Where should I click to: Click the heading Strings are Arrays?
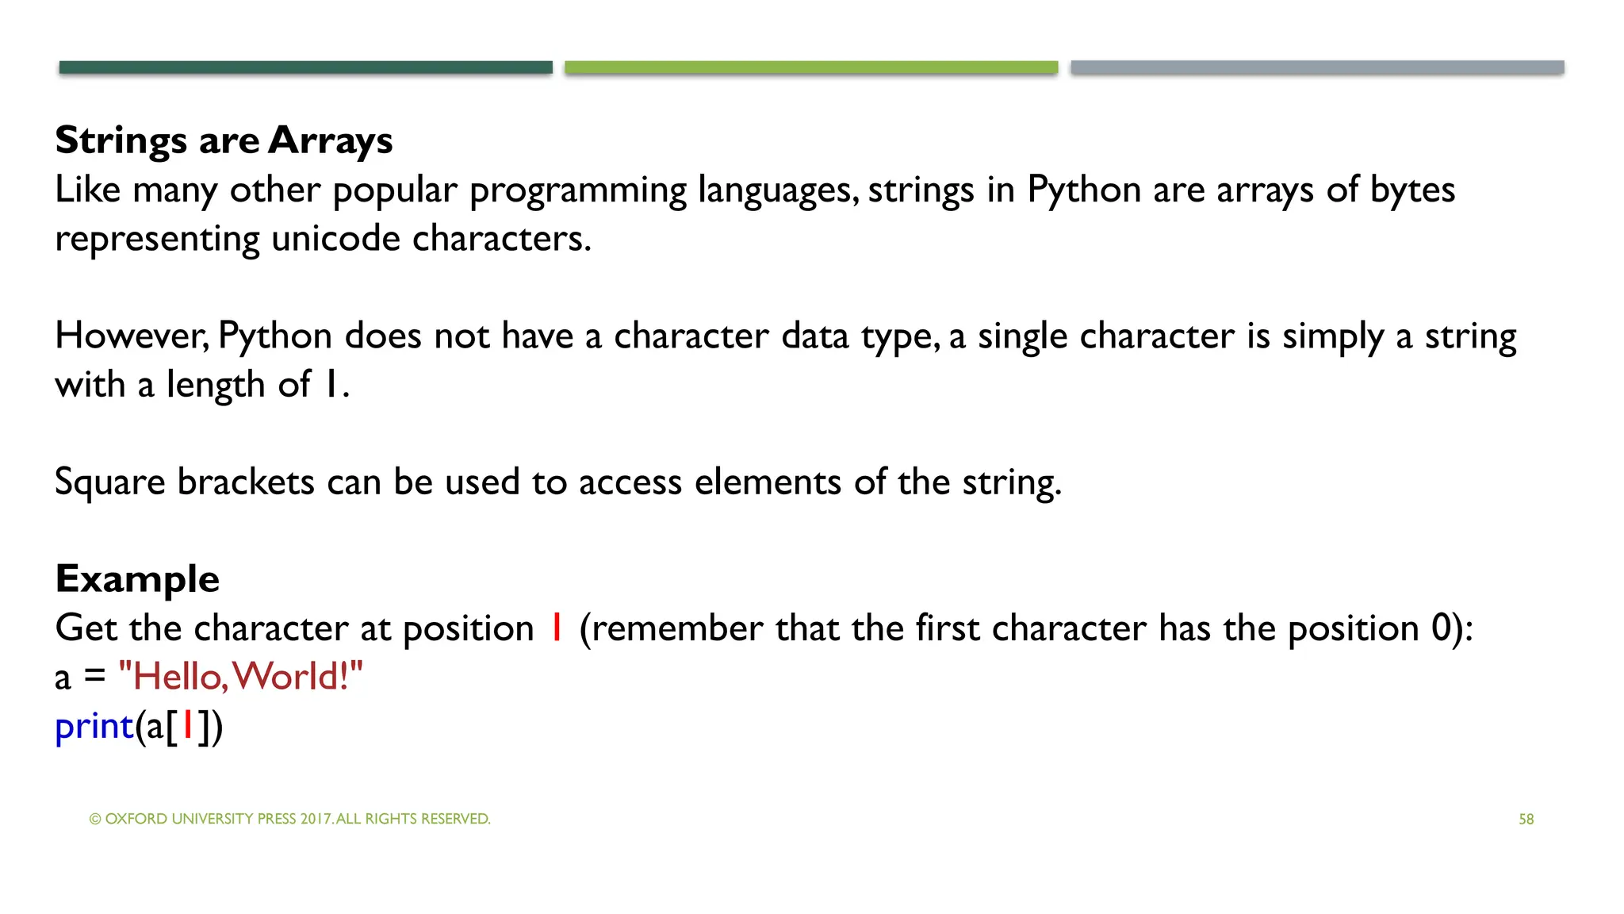point(224,140)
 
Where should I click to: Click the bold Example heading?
point(137,579)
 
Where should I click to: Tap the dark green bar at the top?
point(305,67)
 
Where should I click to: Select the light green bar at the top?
point(811,67)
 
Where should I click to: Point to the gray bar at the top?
point(1317,67)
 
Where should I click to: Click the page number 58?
point(1526,819)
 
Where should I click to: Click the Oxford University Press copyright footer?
point(289,819)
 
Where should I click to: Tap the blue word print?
point(94,726)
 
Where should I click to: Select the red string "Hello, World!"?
point(240,677)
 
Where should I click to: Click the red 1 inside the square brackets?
point(188,725)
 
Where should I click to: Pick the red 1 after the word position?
point(557,628)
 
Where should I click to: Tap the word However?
point(131,336)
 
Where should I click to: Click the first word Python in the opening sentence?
point(1084,190)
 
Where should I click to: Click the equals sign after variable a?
point(94,677)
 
